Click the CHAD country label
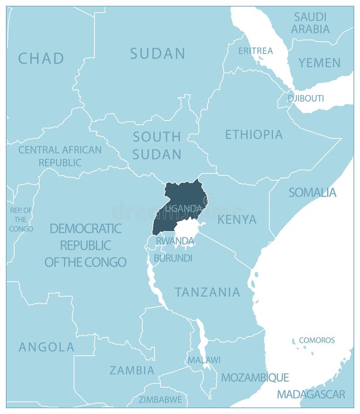point(41,58)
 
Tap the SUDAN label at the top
point(157,53)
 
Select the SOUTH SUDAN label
point(157,145)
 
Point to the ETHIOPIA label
point(254,134)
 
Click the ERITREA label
point(255,51)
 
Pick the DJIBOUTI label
point(306,98)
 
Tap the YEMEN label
point(319,63)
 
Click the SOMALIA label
point(312,192)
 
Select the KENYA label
point(237,219)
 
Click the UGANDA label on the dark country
point(183,208)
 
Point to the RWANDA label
point(175,241)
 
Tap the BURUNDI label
point(173,258)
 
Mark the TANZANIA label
point(207,292)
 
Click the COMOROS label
point(317,340)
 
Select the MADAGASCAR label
point(311,394)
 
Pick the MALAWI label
point(203,360)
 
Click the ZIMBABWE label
point(160,399)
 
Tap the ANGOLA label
point(46,347)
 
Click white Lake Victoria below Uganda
point(186,229)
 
